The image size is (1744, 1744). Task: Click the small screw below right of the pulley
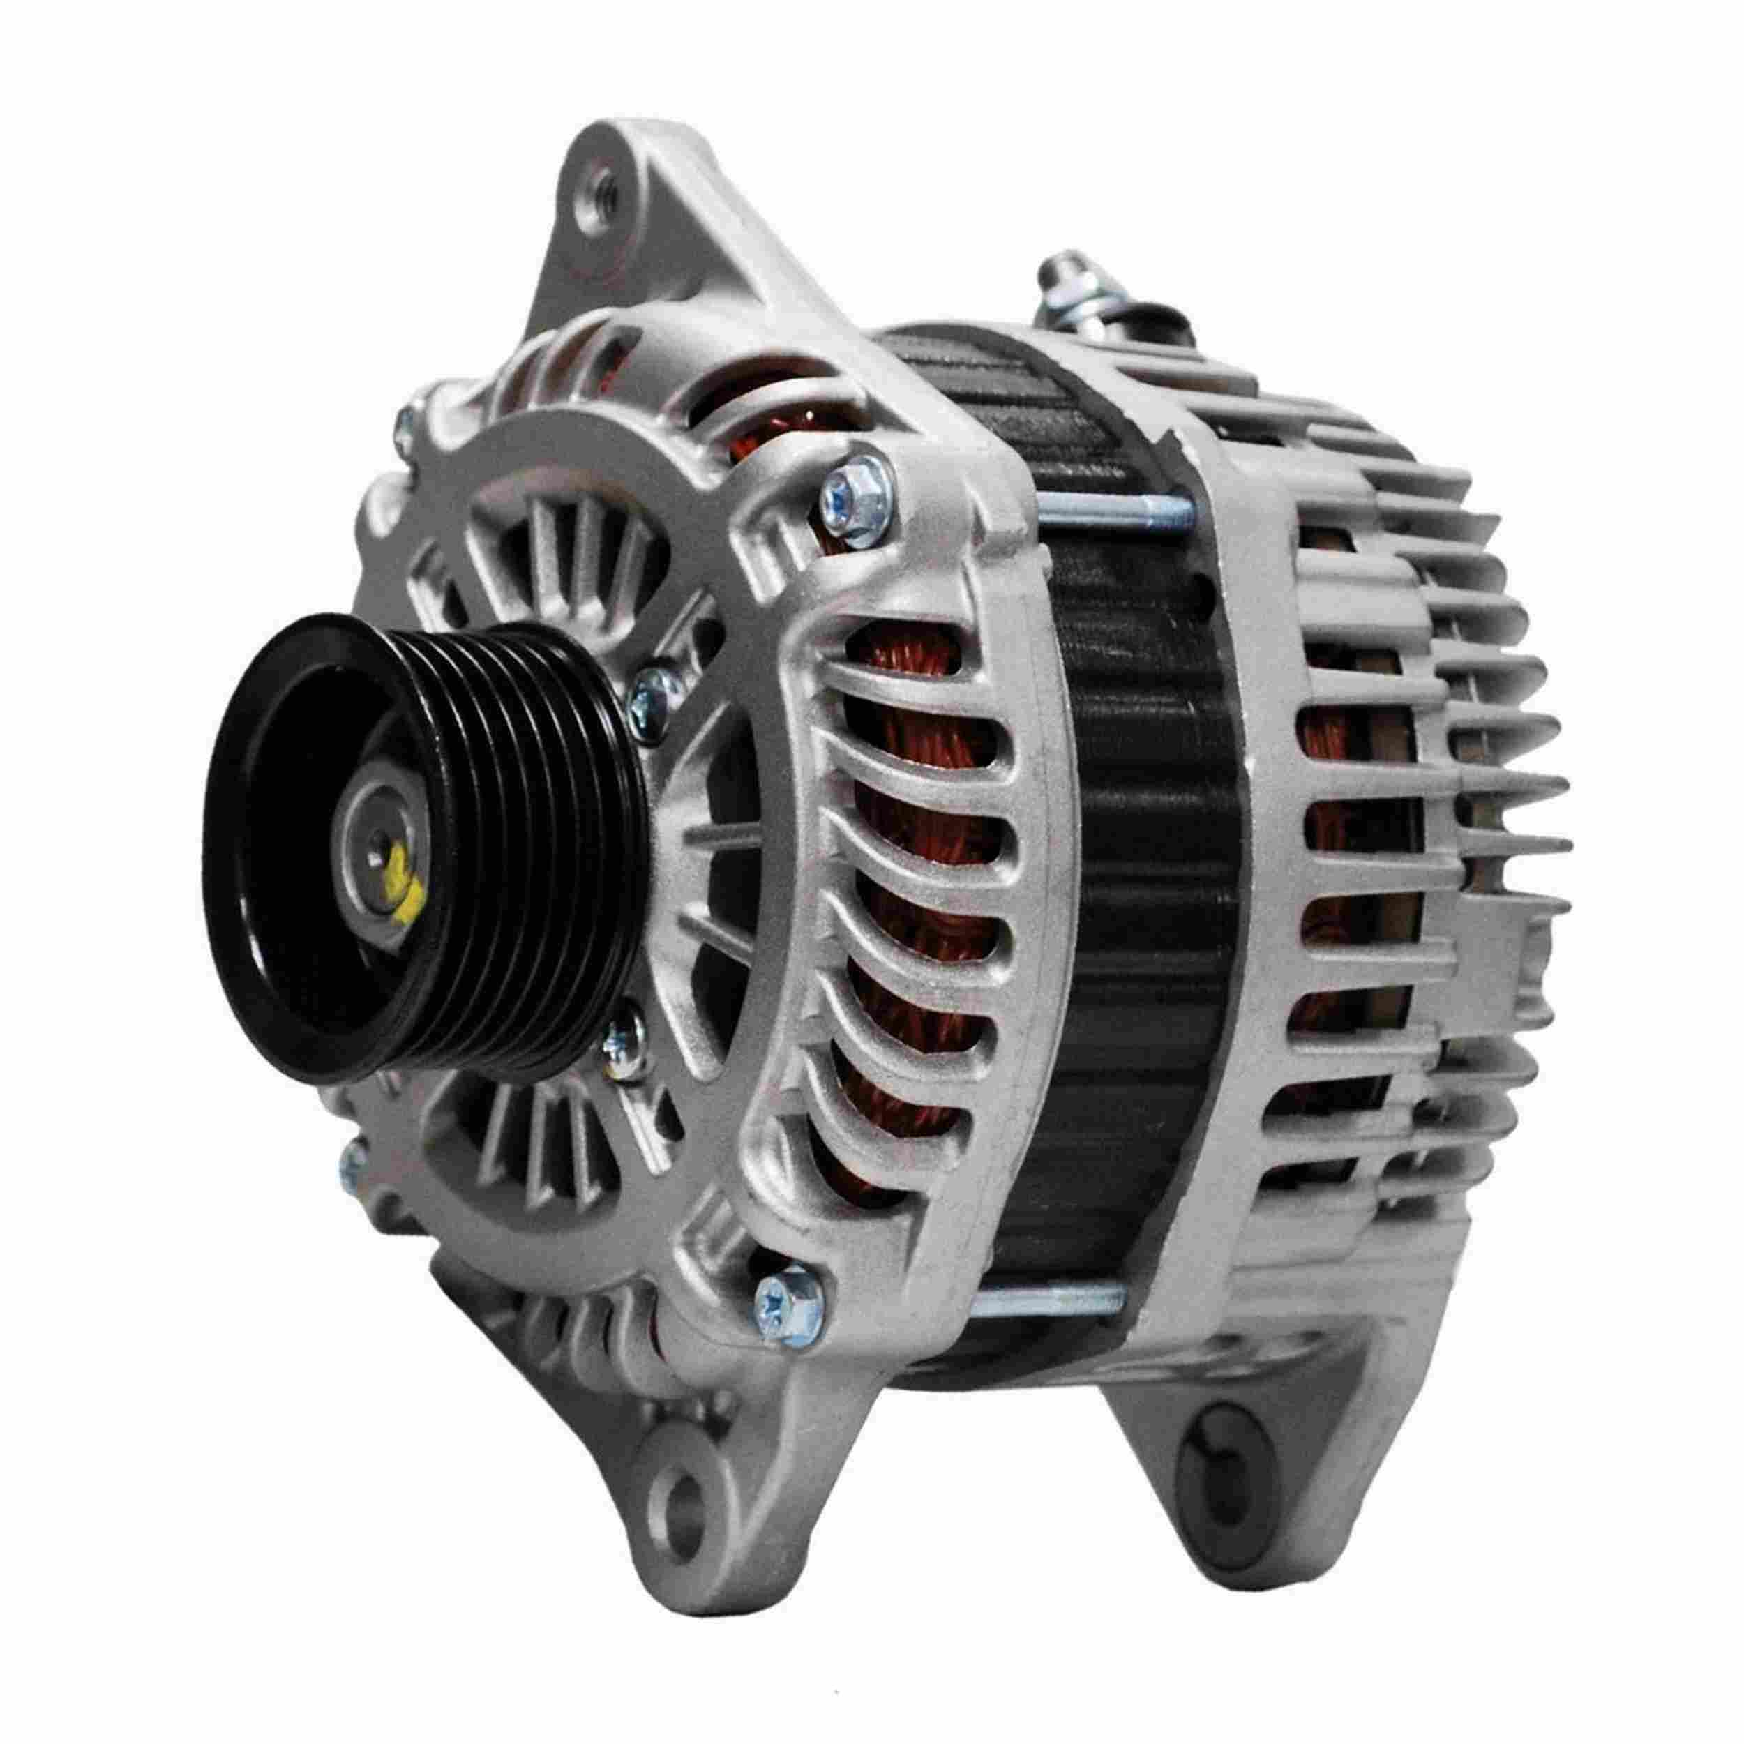[x=622, y=1047]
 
